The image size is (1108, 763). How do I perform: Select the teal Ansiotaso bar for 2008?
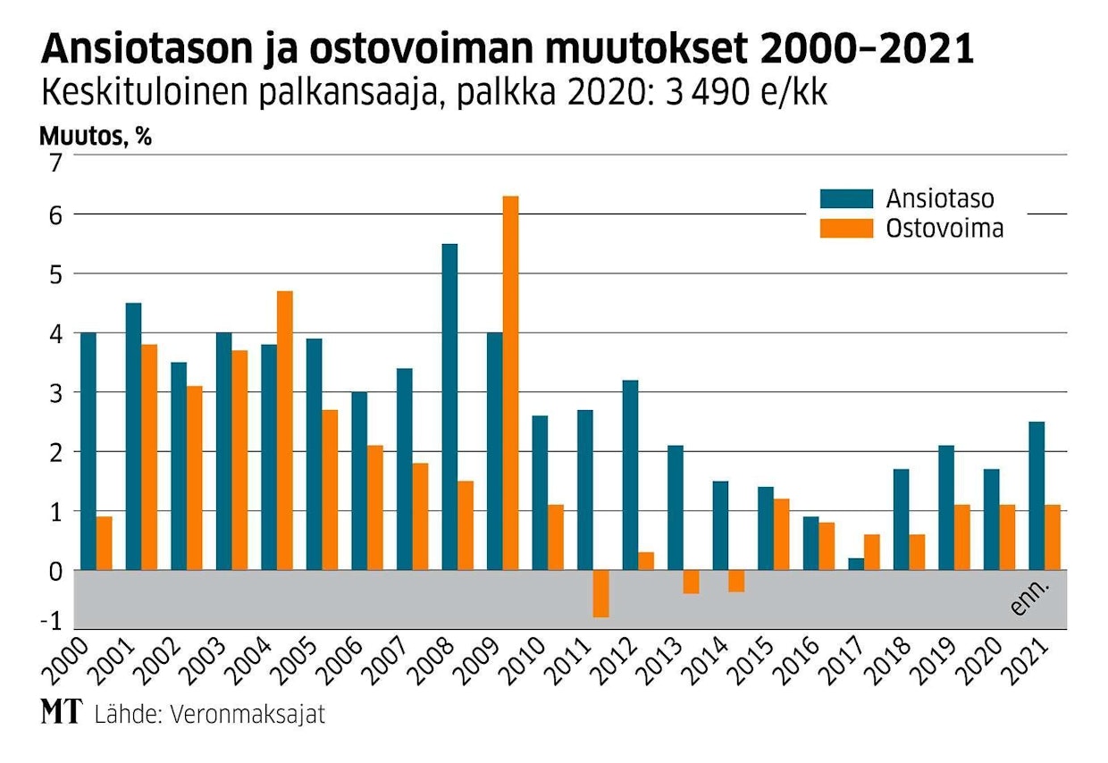pyautogui.click(x=450, y=407)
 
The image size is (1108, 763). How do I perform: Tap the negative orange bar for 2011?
pyautogui.click(x=601, y=593)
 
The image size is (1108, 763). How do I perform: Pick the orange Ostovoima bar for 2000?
pyautogui.click(x=105, y=543)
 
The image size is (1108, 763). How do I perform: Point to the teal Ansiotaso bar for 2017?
pyautogui.click(x=856, y=564)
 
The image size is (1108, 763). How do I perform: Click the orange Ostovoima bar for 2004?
pyautogui.click(x=285, y=430)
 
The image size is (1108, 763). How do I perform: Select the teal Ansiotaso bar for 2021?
pyautogui.click(x=1037, y=496)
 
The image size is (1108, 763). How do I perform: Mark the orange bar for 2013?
pyautogui.click(x=692, y=582)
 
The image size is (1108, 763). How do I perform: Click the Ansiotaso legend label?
pyautogui.click(x=940, y=198)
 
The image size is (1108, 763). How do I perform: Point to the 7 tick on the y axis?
pyautogui.click(x=57, y=163)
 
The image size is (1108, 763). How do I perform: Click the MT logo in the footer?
pyautogui.click(x=59, y=713)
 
